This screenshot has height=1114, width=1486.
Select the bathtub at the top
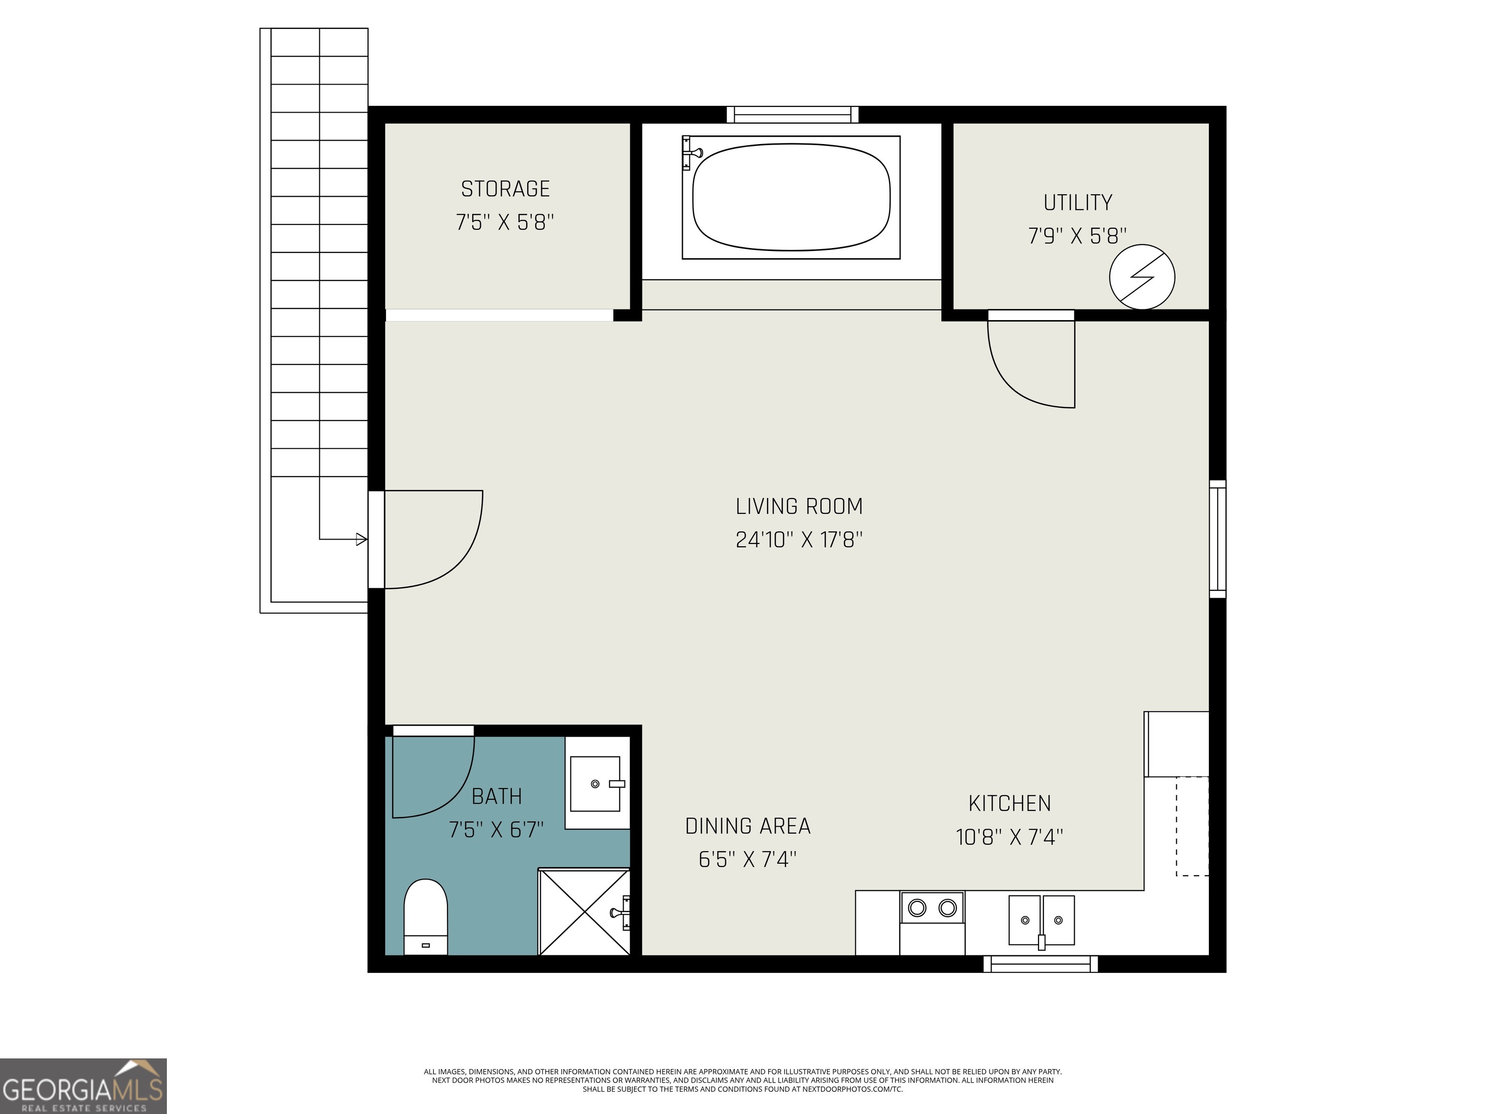[x=791, y=197]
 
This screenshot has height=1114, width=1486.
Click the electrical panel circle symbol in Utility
[x=1142, y=277]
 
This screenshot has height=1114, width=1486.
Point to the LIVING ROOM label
[x=799, y=506]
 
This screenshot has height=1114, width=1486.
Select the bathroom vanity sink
[x=595, y=784]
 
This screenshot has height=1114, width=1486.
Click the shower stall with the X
[x=584, y=912]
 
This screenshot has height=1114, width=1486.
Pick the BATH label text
[x=496, y=796]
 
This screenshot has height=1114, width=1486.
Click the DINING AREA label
[x=748, y=826]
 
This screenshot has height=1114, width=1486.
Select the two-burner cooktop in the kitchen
[x=932, y=909]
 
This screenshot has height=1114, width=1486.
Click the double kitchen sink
[x=1041, y=920]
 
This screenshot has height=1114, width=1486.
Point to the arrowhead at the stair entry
[x=361, y=539]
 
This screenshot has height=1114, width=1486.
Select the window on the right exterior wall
[x=1217, y=539]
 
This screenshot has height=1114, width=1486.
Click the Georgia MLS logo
[x=83, y=1086]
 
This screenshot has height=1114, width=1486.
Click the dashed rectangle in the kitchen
[x=1192, y=826]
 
